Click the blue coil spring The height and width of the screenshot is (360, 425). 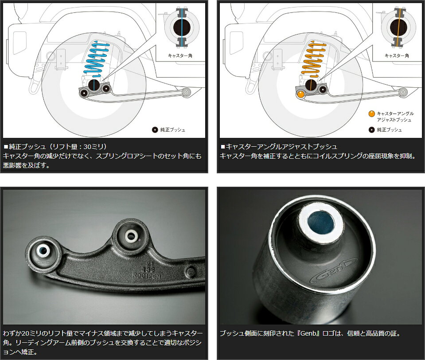tap(97, 60)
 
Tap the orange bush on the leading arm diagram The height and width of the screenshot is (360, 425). tap(301, 94)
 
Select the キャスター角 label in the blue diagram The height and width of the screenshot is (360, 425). tap(180, 55)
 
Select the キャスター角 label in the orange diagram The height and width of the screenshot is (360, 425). tap(397, 55)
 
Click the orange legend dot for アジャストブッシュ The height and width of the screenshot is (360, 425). tap(372, 114)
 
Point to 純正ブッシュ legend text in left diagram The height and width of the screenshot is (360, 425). tap(173, 130)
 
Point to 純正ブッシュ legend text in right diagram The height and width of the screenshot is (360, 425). tap(390, 130)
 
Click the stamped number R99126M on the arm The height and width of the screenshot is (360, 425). tap(147, 276)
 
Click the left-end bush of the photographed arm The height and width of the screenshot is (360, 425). tap(43, 251)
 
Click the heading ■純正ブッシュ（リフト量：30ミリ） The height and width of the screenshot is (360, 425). tap(55, 147)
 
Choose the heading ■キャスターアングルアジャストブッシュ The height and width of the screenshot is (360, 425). tap(279, 147)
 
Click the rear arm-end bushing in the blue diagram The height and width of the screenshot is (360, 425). tap(187, 93)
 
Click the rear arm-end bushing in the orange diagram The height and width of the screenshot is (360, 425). tap(403, 93)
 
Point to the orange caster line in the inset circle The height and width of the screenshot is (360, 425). tap(399, 27)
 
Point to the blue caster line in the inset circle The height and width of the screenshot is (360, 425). tap(182, 27)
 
